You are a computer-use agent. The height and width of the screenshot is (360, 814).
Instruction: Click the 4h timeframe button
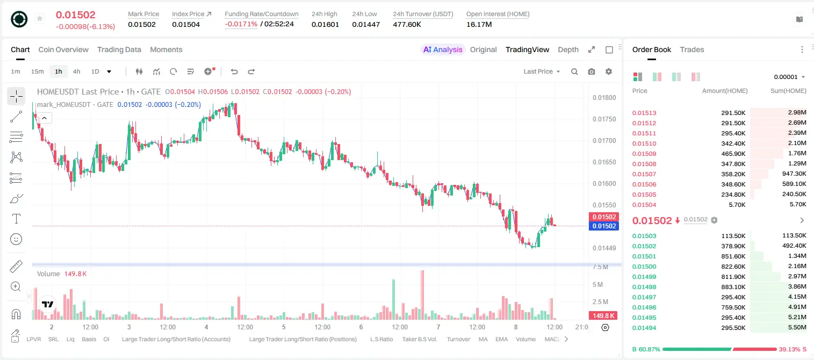click(x=76, y=71)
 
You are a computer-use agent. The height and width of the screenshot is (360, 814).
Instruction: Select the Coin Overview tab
click(x=63, y=49)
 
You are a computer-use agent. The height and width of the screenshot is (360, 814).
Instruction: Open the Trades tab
click(x=692, y=49)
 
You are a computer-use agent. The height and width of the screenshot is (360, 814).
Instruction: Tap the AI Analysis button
click(x=443, y=49)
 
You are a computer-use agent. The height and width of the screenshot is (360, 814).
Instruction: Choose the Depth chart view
click(x=568, y=49)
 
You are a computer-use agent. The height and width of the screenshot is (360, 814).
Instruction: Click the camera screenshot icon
click(x=592, y=71)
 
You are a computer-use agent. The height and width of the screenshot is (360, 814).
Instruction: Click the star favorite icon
click(x=40, y=18)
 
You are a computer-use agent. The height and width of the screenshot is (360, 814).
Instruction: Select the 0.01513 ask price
click(x=644, y=113)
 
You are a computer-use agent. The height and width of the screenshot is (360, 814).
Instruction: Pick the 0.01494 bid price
click(x=644, y=328)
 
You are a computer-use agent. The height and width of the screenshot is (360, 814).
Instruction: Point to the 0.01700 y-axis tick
click(x=604, y=141)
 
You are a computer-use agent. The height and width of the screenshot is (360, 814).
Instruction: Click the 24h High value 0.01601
click(x=325, y=24)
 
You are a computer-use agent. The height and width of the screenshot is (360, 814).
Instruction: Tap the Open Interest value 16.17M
click(x=479, y=24)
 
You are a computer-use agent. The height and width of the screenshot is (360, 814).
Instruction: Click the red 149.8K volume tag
click(x=603, y=316)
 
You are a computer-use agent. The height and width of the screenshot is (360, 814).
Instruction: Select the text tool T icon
click(x=16, y=219)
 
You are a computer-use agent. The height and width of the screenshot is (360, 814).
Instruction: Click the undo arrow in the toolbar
click(x=234, y=71)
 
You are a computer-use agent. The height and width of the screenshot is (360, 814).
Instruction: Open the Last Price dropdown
click(x=542, y=71)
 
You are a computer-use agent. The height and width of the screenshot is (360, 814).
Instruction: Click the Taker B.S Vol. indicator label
click(x=419, y=339)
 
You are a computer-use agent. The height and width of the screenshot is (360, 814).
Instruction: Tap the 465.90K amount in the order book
click(x=733, y=154)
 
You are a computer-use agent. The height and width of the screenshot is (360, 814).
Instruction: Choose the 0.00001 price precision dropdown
click(x=789, y=77)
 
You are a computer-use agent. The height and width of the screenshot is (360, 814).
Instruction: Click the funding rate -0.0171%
click(x=241, y=24)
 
